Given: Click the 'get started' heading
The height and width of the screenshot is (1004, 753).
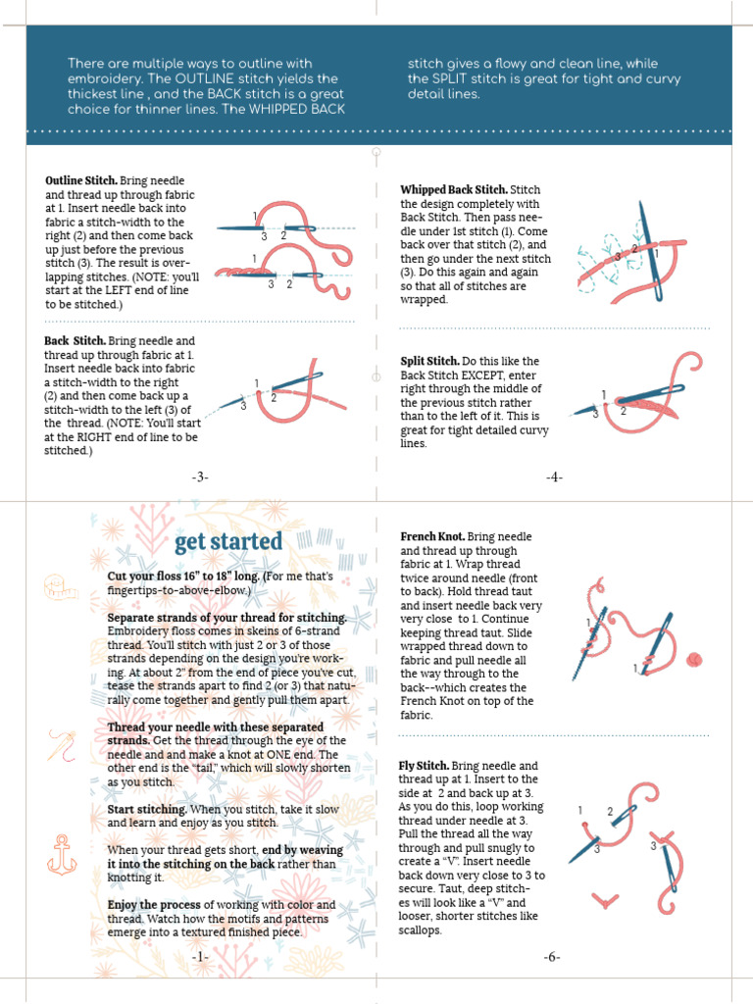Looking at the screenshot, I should (227, 542).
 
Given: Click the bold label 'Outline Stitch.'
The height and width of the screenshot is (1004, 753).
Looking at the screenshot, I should (81, 181).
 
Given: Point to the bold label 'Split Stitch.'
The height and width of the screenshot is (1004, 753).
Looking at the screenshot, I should (429, 362).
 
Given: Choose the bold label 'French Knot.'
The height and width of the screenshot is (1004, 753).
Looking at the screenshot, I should (432, 537).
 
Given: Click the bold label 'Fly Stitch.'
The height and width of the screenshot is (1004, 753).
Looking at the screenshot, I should (424, 766).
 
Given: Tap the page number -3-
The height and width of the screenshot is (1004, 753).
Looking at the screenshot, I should (200, 477).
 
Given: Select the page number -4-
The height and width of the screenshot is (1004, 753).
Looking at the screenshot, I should (554, 477).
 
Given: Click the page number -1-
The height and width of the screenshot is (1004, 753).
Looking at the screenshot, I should (200, 956).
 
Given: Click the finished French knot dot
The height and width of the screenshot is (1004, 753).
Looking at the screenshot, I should (697, 658).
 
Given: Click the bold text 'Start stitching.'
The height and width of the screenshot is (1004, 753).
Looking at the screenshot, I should (147, 810).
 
